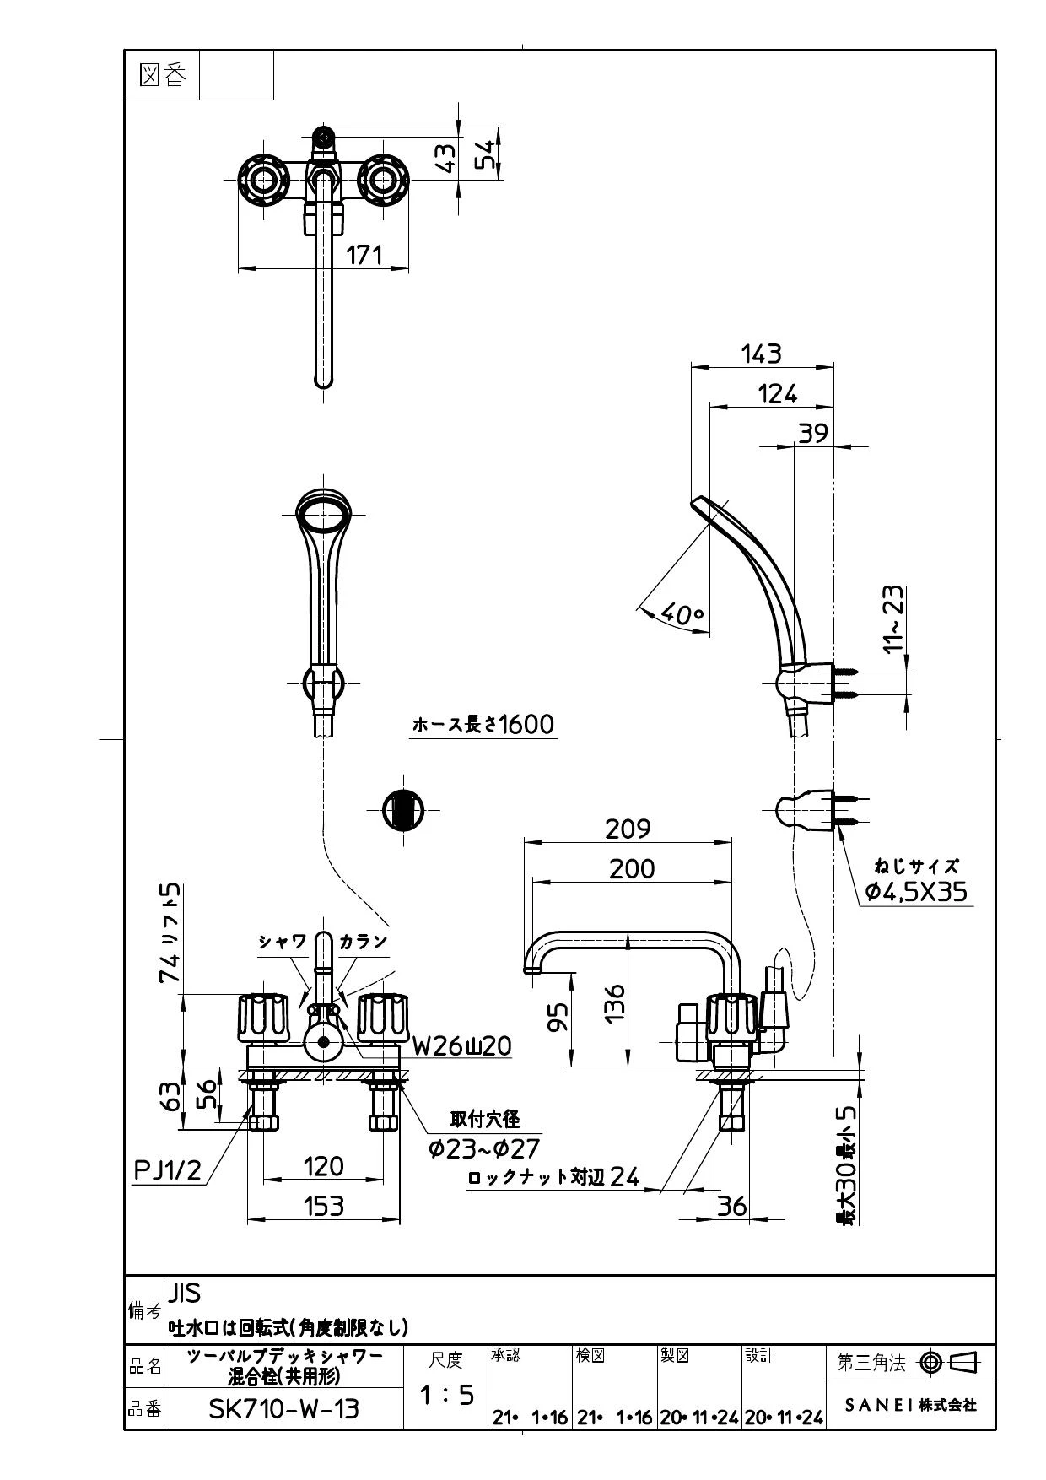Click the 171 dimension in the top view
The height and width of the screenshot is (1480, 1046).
(x=364, y=254)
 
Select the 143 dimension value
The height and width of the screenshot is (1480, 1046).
(x=761, y=354)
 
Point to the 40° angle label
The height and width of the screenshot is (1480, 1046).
(x=682, y=613)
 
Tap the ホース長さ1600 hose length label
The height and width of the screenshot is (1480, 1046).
(x=483, y=724)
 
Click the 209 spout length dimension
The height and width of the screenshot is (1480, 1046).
(x=628, y=829)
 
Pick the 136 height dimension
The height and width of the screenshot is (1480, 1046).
(x=615, y=1002)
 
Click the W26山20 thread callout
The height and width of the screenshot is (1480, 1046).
(x=461, y=1046)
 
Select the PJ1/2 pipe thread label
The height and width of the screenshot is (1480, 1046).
(x=169, y=1169)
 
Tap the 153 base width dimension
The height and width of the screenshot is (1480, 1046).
(x=324, y=1206)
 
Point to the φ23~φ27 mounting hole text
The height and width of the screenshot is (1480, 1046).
(x=483, y=1148)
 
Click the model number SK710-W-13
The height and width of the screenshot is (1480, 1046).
(x=283, y=1408)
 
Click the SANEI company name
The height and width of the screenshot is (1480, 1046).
(x=911, y=1405)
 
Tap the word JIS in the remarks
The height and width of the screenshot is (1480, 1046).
(x=185, y=1293)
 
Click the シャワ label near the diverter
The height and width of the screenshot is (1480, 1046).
(x=283, y=942)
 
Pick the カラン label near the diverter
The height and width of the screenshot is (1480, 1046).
(x=363, y=942)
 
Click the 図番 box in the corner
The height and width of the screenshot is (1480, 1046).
(x=162, y=75)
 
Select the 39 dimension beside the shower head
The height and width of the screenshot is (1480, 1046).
(x=813, y=433)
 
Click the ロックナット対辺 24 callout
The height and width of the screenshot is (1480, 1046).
(x=553, y=1176)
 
